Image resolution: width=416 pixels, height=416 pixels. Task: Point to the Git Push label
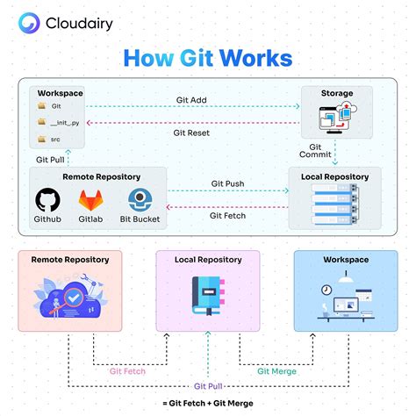pyautogui.click(x=226, y=183)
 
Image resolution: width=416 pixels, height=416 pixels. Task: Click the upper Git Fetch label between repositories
pyautogui.click(x=226, y=214)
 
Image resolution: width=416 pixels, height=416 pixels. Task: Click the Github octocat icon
pyautogui.click(x=47, y=200)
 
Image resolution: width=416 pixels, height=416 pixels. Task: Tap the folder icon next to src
pyautogui.click(x=41, y=139)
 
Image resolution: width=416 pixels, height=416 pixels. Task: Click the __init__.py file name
pyautogui.click(x=67, y=122)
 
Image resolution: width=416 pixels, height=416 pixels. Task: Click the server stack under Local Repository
pyautogui.click(x=334, y=209)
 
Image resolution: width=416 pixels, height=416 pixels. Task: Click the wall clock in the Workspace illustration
pyautogui.click(x=326, y=289)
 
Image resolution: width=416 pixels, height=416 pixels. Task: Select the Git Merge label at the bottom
pyautogui.click(x=276, y=370)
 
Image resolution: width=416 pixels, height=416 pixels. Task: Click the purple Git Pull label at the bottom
pyautogui.click(x=207, y=385)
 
